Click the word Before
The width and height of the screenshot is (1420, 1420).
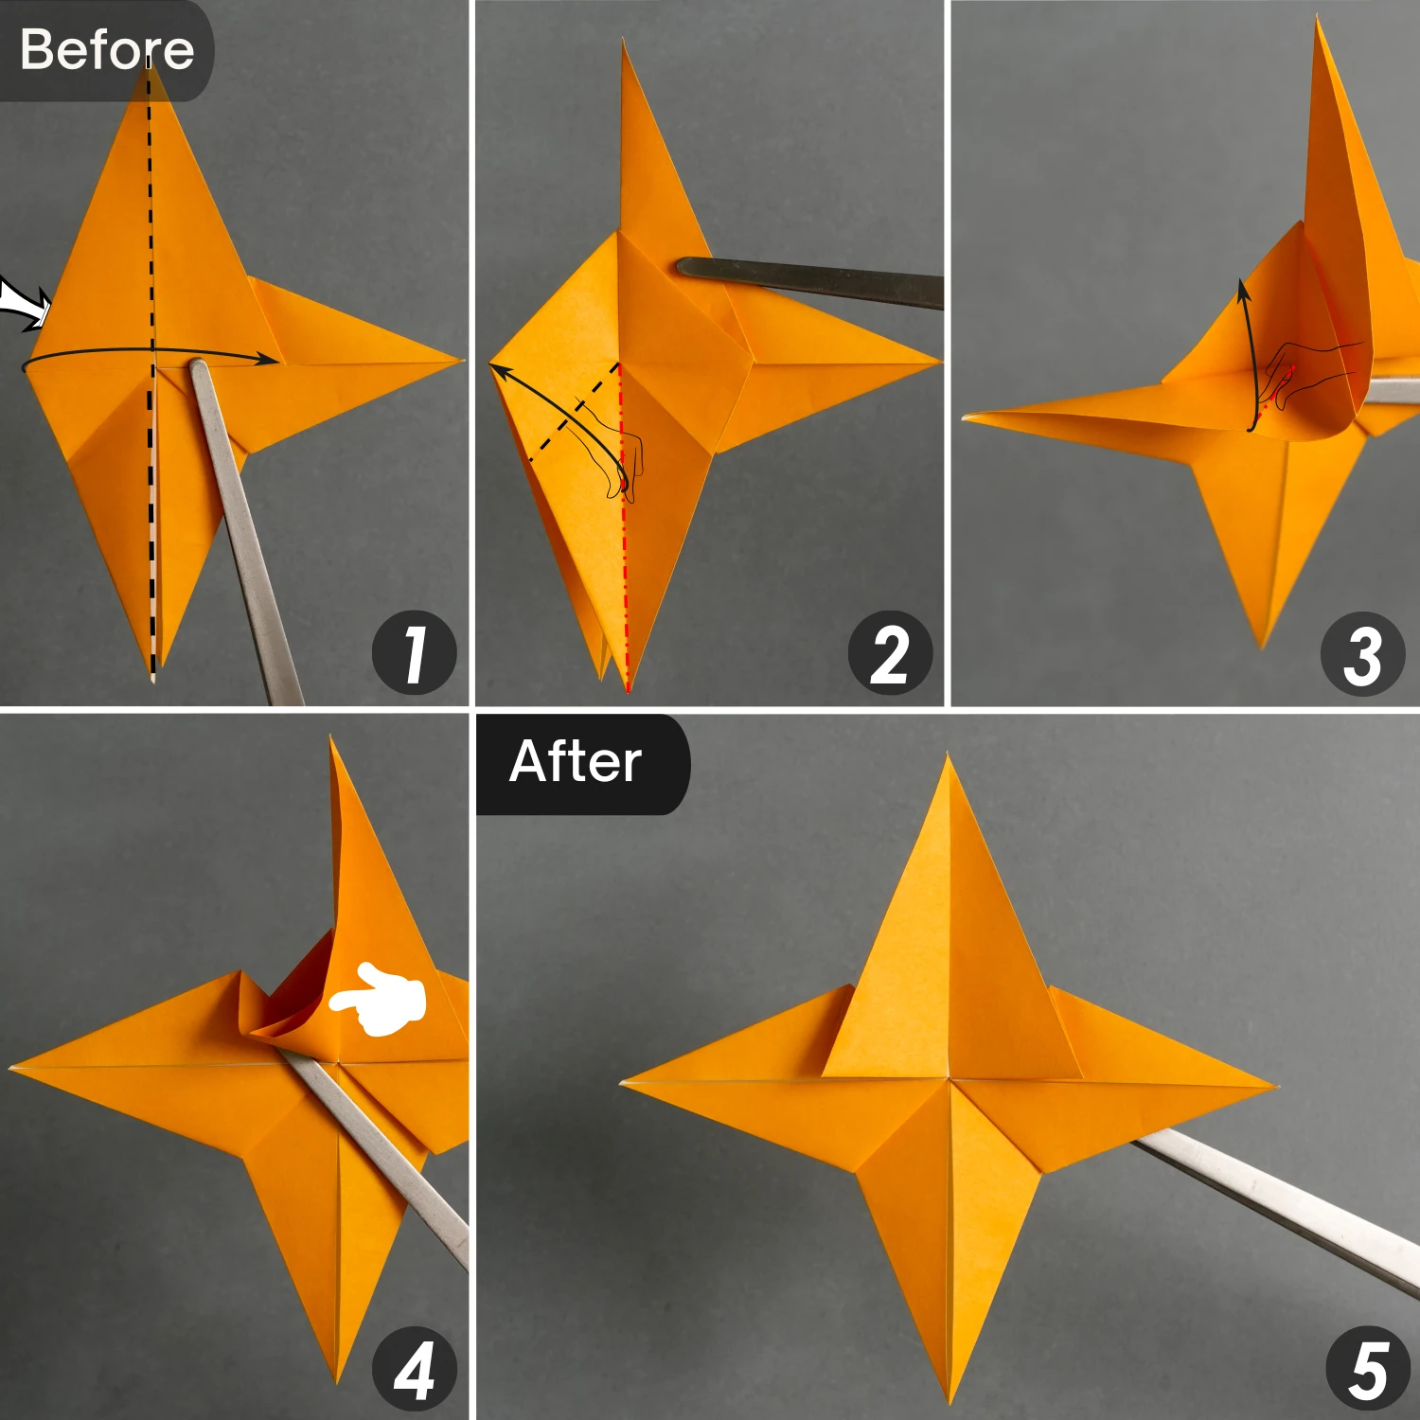106,49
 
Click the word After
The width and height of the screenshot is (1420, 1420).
576,762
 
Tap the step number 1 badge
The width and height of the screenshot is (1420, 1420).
414,653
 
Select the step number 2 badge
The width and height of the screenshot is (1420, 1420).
890,653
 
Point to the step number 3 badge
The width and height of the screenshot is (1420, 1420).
1362,653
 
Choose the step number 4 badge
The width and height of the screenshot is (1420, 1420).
414,1369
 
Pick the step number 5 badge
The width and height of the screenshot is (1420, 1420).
1367,1369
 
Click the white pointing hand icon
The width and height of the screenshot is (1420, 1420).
379,999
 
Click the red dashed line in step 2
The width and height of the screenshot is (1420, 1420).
624,530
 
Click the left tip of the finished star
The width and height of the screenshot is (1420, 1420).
625,1082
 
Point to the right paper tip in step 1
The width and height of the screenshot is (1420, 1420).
458,361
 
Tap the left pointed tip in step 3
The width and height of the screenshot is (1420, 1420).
967,416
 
